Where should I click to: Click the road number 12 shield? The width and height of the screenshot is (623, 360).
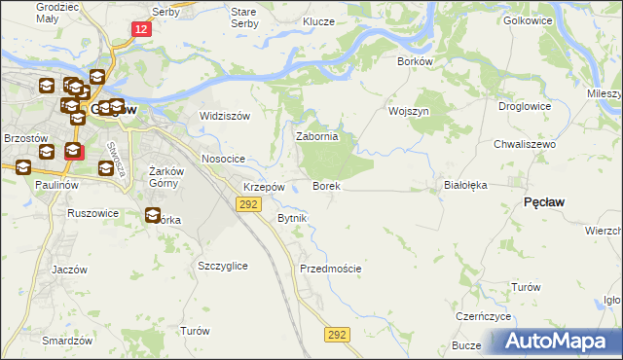[142, 30]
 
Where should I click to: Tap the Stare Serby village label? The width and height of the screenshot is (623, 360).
[243, 18]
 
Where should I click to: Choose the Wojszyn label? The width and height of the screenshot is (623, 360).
[409, 111]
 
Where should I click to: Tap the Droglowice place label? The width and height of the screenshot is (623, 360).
[525, 106]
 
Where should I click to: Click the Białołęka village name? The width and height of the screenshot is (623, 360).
[464, 183]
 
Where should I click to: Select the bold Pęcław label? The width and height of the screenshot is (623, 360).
[545, 201]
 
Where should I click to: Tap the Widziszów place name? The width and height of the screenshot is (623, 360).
[225, 116]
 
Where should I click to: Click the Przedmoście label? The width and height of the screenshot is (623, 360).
[331, 269]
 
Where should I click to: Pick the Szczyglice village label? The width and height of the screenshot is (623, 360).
[222, 266]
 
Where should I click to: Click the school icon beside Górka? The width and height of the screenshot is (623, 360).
[153, 216]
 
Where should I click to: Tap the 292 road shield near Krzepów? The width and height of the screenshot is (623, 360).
[247, 203]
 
